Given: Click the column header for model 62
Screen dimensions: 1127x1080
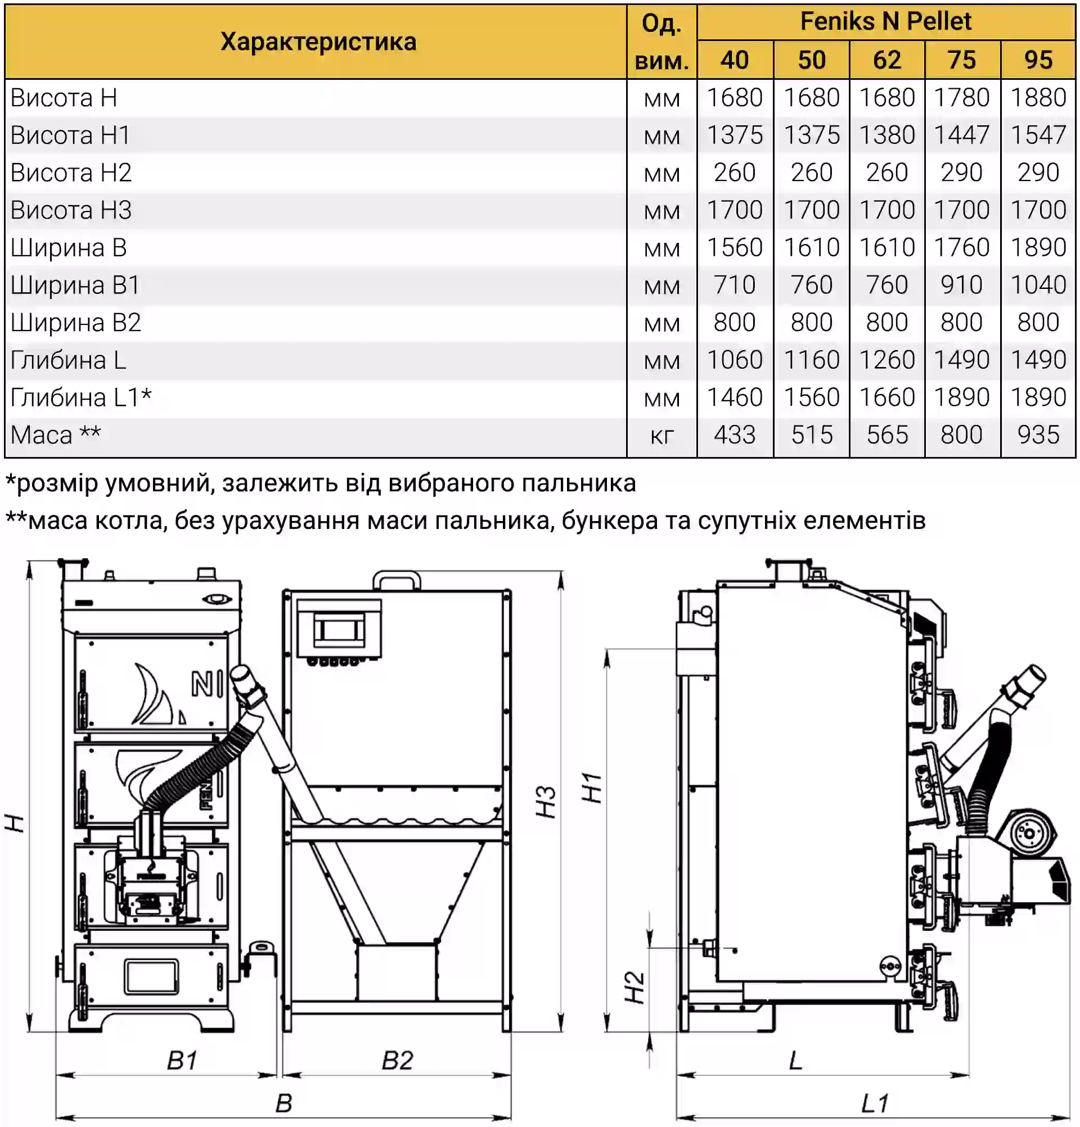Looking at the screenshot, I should (x=886, y=60).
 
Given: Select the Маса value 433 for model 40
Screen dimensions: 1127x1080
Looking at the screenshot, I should (x=734, y=434).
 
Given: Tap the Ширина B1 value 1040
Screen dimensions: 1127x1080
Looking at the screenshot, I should (x=1038, y=284).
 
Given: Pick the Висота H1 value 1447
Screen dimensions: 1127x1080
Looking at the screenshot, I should (x=961, y=135).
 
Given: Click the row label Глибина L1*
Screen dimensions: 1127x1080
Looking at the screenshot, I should (x=81, y=397).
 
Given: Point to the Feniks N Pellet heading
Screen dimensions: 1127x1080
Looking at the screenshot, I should (x=885, y=22).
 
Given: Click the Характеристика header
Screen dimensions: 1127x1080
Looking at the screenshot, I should (x=318, y=42).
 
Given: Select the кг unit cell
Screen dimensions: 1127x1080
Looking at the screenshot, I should (x=661, y=436).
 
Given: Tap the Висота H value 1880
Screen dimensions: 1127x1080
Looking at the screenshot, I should (x=1038, y=98).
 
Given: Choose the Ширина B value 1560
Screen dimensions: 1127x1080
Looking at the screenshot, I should (x=734, y=247).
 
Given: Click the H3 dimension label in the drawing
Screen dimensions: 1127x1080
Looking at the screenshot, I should (x=546, y=801).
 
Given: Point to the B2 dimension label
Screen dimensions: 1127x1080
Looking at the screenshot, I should (x=398, y=1060).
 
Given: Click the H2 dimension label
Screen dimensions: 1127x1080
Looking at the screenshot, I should (x=634, y=987).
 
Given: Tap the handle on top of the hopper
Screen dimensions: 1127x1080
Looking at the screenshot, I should (x=397, y=580).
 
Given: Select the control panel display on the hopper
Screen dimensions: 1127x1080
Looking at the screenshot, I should (x=339, y=630).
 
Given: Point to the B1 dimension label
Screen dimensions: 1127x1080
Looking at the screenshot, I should (x=182, y=1060).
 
